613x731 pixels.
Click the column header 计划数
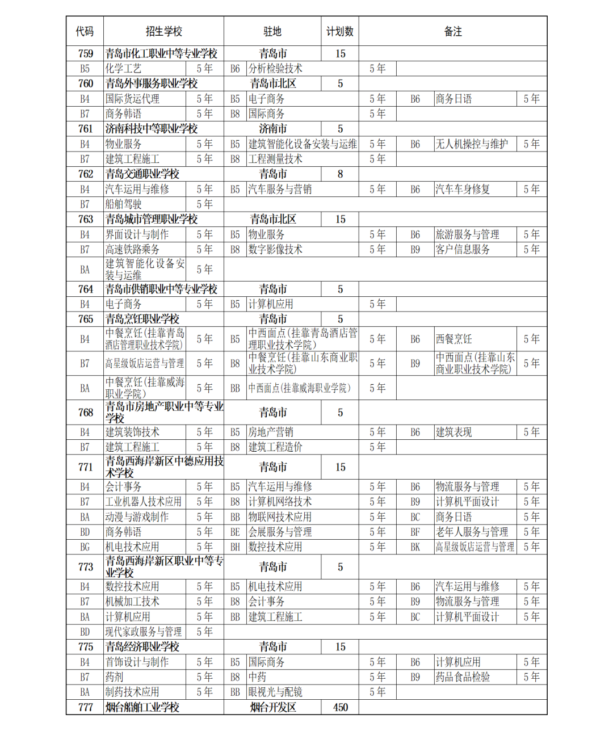(x=339, y=31)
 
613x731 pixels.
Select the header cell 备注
(x=452, y=31)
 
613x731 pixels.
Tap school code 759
(x=85, y=54)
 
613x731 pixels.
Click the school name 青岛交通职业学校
(x=142, y=174)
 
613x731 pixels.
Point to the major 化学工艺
(x=123, y=69)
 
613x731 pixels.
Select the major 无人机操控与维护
(x=472, y=144)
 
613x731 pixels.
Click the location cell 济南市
(x=272, y=129)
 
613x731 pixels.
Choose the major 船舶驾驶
(x=123, y=204)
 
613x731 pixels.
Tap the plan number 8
(x=340, y=174)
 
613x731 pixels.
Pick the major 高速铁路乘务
(x=132, y=250)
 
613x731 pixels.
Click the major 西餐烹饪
(x=454, y=339)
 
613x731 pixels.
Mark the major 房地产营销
(x=271, y=432)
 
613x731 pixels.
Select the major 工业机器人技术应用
(x=144, y=502)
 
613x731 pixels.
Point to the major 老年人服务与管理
(x=472, y=532)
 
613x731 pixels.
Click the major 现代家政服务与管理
(x=144, y=632)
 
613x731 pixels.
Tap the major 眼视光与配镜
(x=275, y=692)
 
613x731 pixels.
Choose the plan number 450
(x=340, y=707)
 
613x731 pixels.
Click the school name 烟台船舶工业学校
(x=142, y=707)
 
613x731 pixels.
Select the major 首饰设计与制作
(x=137, y=662)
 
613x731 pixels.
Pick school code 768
(x=85, y=413)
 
